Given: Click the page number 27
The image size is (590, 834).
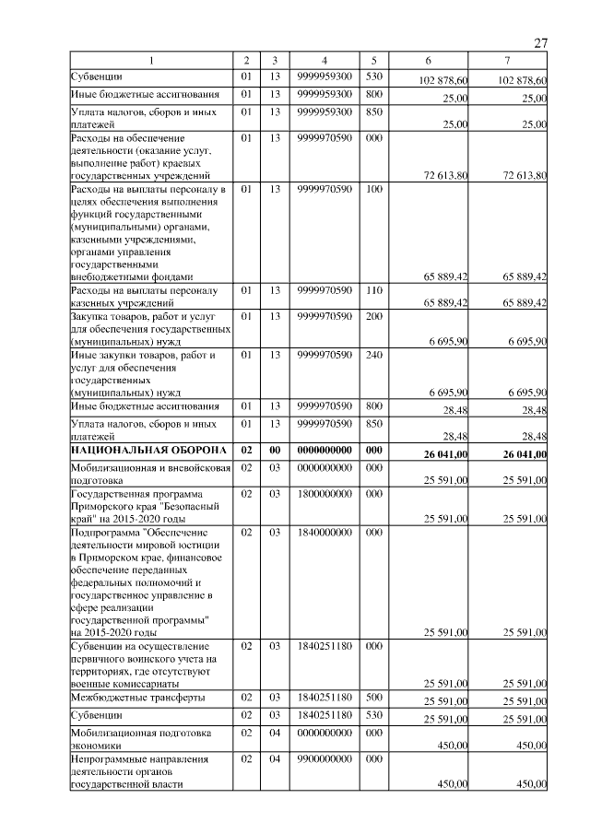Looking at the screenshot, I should [541, 42].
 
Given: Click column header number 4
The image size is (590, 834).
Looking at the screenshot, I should [325, 61].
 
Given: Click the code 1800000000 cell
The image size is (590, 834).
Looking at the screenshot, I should [325, 494].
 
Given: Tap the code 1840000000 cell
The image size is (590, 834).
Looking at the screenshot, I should [325, 533].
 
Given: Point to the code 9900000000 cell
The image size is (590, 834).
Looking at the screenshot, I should [325, 759].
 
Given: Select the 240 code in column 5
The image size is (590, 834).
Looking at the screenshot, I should [373, 354].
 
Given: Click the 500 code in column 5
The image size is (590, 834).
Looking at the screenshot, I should [373, 699].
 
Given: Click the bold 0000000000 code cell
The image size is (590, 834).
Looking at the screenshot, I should [325, 451].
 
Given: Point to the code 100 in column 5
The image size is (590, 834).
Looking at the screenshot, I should [373, 190].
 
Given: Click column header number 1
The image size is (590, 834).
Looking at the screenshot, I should [150, 61].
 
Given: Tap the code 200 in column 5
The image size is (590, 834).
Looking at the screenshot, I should [373, 317].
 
